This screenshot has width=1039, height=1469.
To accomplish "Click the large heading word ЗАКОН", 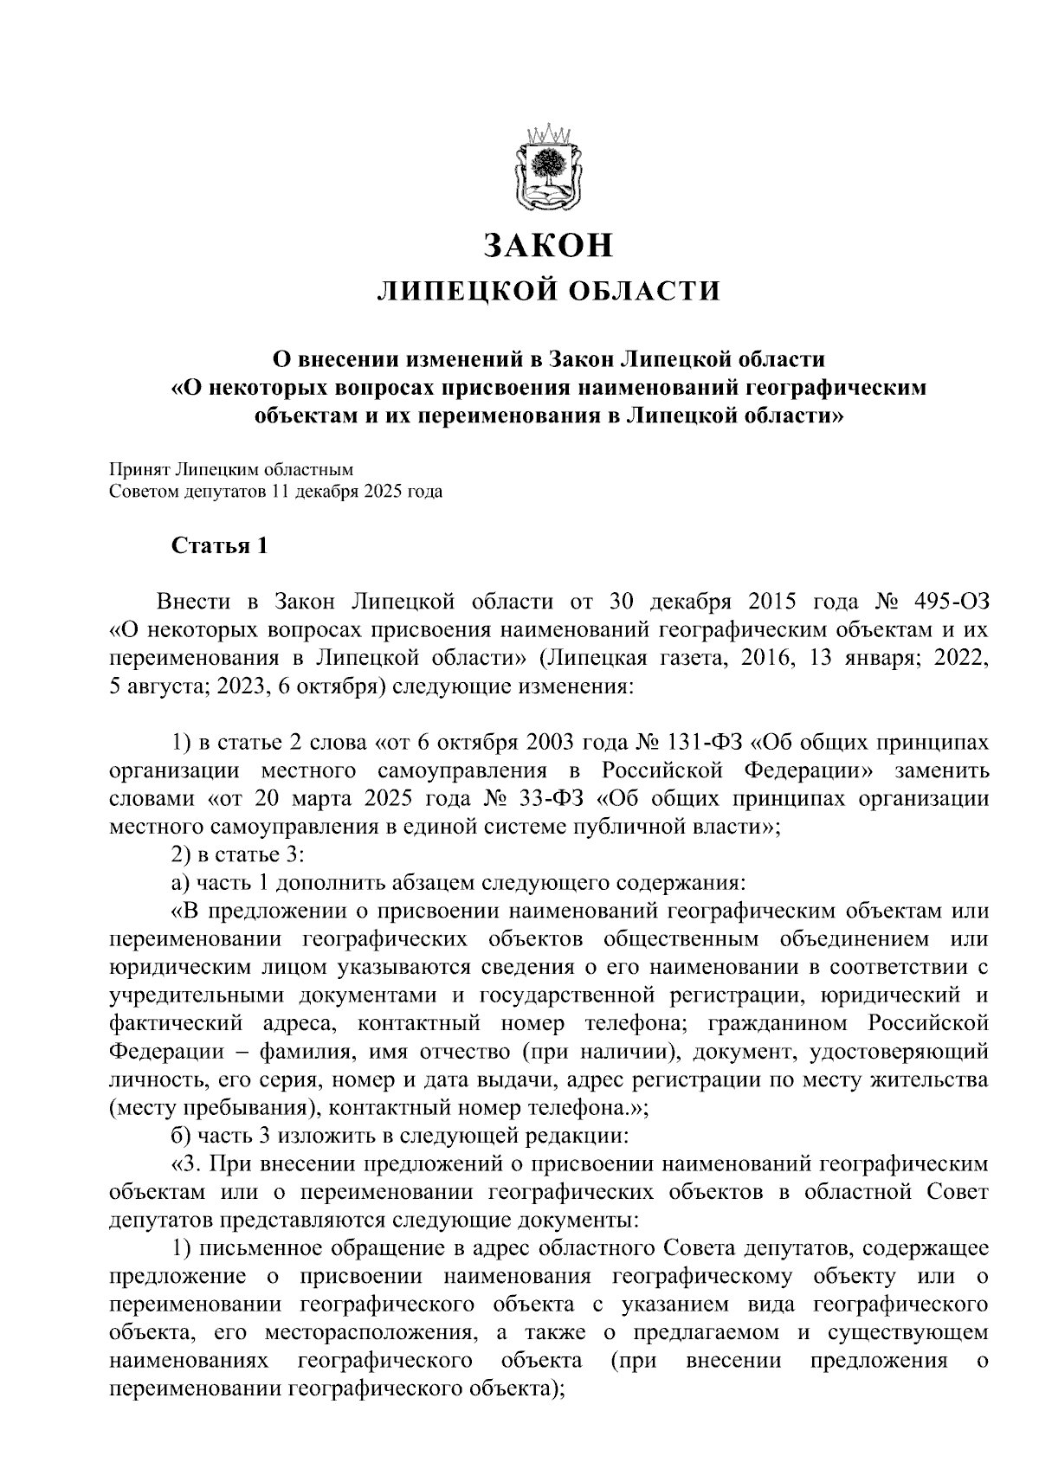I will (x=549, y=245).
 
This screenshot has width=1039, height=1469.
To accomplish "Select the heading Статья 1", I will (x=220, y=546).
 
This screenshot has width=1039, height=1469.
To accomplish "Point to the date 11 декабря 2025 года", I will (x=357, y=493).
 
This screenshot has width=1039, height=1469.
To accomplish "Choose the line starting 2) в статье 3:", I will (x=236, y=854).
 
